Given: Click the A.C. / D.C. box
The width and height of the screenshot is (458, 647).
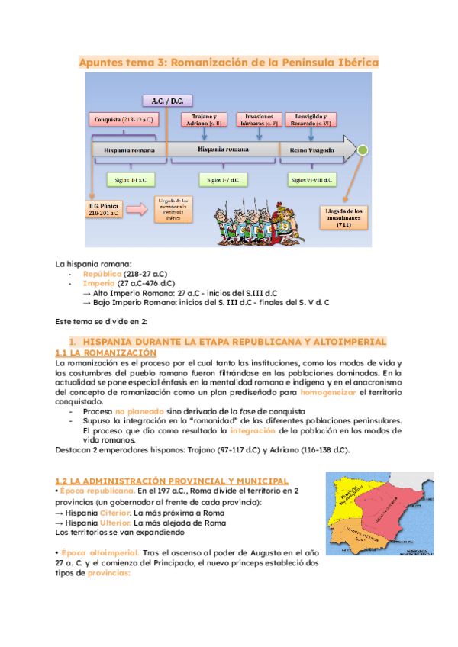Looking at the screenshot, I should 167,100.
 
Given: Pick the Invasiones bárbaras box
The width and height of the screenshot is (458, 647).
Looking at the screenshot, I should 260,119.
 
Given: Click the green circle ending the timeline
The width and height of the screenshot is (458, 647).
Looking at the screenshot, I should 364,150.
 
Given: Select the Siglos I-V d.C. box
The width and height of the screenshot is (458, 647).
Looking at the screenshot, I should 220,180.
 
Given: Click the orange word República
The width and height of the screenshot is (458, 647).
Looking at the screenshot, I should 102,273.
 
